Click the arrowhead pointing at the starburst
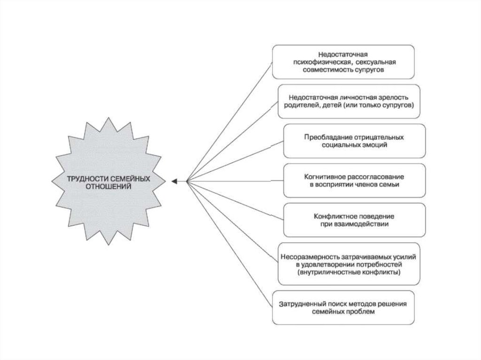(174, 181)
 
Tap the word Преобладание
(327, 138)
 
